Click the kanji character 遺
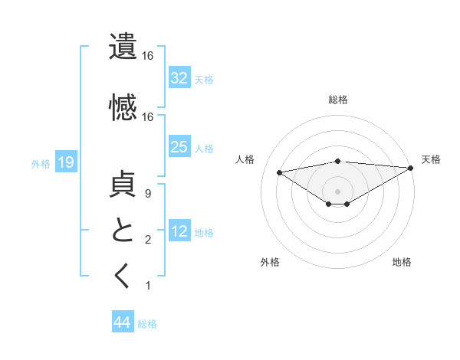tap(123, 46)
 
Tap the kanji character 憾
tap(123, 106)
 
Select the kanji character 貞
tap(123, 185)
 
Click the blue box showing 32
tap(179, 78)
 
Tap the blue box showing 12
tap(179, 231)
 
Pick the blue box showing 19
tap(65, 162)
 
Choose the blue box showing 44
tap(123, 323)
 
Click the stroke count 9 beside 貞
tap(147, 195)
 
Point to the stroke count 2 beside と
tap(147, 241)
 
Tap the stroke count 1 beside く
tap(147, 286)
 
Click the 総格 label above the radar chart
tap(337, 100)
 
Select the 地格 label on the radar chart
tap(402, 262)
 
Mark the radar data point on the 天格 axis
tap(412, 168)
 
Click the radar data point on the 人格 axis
tap(279, 172)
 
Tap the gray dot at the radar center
tap(337, 191)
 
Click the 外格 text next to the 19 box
tap(41, 163)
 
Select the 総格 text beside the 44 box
tap(147, 324)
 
